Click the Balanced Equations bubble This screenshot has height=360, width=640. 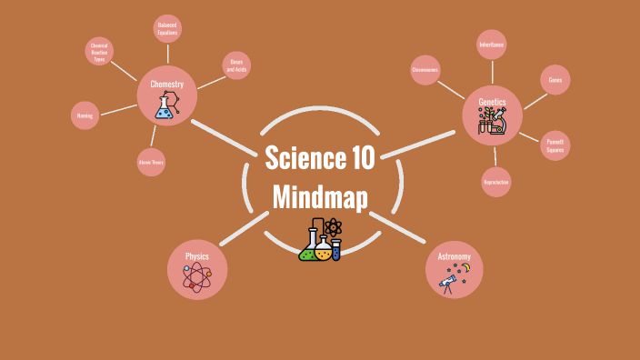(167, 29)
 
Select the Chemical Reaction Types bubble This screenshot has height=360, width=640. (99, 51)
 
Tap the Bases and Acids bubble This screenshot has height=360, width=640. (236, 65)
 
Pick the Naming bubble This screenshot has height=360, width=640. (85, 115)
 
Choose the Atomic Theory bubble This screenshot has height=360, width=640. (151, 162)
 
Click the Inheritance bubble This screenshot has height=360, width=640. (492, 44)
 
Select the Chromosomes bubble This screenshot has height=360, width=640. (425, 70)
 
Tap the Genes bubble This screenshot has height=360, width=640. (555, 79)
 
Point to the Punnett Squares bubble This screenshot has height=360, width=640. (555, 145)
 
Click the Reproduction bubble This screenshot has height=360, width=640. (496, 182)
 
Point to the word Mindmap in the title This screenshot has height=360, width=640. (320, 197)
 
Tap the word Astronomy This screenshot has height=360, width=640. (454, 256)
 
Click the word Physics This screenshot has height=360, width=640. (197, 256)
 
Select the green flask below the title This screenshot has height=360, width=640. (309, 249)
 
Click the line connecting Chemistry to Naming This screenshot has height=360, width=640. (118, 109)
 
